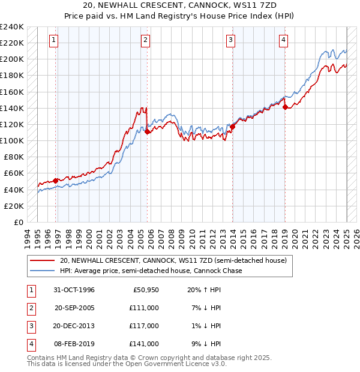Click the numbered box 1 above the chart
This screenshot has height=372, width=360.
[53, 40]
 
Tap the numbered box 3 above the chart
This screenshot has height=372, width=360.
[230, 40]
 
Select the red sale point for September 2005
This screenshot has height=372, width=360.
[147, 132]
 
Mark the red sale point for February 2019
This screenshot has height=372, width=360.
[285, 107]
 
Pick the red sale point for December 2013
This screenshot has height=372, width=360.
[233, 127]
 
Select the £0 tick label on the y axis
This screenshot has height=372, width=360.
[17, 222]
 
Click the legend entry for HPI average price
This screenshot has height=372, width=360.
[151, 271]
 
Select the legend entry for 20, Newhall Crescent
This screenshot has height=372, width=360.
[173, 260]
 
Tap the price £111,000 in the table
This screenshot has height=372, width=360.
[144, 307]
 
